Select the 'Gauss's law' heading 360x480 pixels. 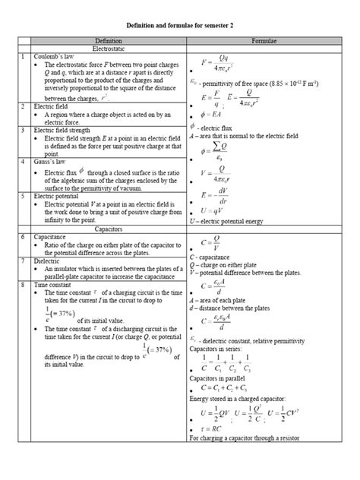coord(52,141)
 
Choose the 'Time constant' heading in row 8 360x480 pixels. coord(55,284)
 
